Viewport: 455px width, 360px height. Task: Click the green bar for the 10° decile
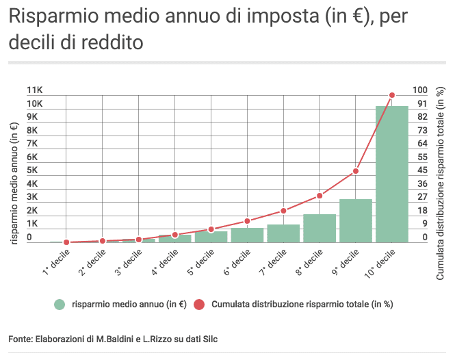click(391, 175)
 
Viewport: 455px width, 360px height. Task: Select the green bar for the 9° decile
click(355, 220)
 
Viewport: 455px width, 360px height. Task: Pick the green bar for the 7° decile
click(283, 233)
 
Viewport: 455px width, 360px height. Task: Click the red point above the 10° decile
click(392, 95)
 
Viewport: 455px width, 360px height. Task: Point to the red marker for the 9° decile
click(356, 171)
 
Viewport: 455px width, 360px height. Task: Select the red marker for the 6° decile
click(247, 221)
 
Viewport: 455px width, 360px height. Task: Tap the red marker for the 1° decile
click(66, 242)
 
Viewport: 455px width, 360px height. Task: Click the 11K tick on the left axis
click(34, 90)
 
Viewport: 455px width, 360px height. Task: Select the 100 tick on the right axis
click(419, 90)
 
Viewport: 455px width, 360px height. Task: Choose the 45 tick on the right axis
click(422, 170)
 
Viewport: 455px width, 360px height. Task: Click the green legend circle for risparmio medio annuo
click(60, 304)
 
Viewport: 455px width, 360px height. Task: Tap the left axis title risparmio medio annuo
click(14, 182)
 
